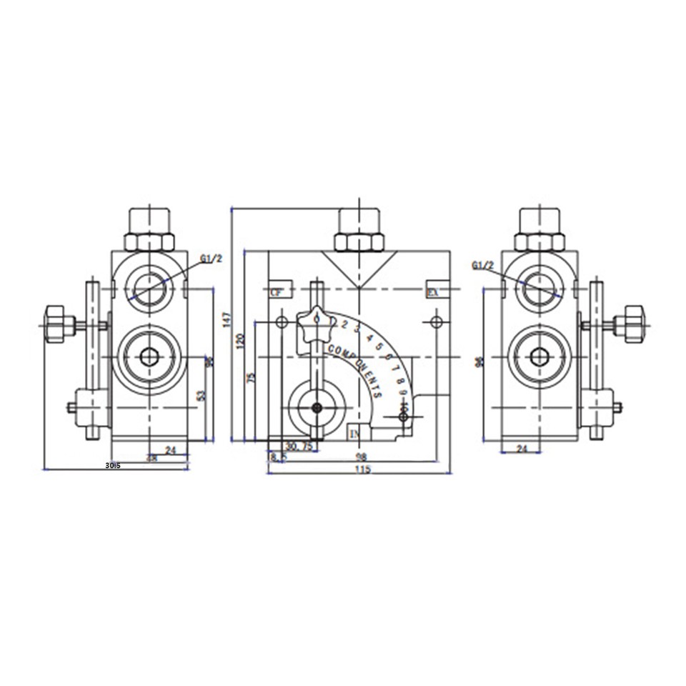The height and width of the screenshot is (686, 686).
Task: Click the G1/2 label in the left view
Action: (211, 259)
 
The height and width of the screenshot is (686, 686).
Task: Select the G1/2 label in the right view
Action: (483, 266)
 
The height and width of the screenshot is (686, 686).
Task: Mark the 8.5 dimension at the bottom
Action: (277, 457)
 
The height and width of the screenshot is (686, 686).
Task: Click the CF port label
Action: (276, 292)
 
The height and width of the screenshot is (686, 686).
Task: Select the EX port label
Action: (432, 292)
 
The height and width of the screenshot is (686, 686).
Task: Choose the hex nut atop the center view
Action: (359, 242)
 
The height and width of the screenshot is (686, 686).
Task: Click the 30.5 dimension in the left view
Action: (113, 465)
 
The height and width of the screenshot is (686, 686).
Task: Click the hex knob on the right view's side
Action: (634, 324)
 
